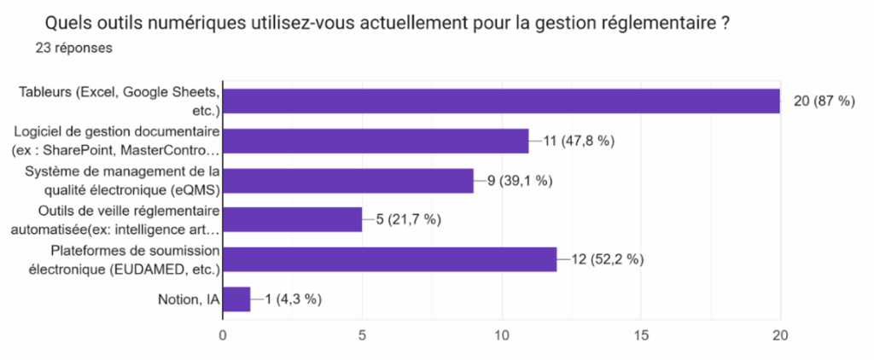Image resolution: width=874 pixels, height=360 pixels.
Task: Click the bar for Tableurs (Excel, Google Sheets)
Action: click(501, 101)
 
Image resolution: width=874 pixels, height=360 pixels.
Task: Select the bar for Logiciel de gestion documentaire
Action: click(376, 141)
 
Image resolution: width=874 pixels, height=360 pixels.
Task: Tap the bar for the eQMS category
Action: click(348, 180)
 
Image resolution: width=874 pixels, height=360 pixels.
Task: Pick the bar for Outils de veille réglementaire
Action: click(293, 219)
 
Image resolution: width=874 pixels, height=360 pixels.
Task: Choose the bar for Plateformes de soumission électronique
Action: click(390, 259)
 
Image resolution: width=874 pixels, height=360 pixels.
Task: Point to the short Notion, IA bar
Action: click(236, 299)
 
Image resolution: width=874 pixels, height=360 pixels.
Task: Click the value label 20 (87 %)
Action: click(824, 101)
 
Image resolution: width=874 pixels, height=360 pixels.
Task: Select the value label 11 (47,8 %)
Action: click(579, 141)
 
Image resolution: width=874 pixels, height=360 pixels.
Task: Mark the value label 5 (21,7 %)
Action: click(408, 219)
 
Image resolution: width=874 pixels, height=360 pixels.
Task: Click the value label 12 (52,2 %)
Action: click(606, 259)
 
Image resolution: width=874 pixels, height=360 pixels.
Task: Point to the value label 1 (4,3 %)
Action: click(293, 299)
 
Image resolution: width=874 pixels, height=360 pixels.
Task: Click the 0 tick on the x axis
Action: click(223, 335)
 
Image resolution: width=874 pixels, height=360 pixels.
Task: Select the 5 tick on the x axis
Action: click(362, 335)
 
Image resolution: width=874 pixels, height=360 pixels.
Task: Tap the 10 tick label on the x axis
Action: click(501, 335)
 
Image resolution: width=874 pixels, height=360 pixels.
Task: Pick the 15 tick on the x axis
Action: click(640, 335)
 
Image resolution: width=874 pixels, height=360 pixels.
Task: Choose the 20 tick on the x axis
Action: click(779, 335)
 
